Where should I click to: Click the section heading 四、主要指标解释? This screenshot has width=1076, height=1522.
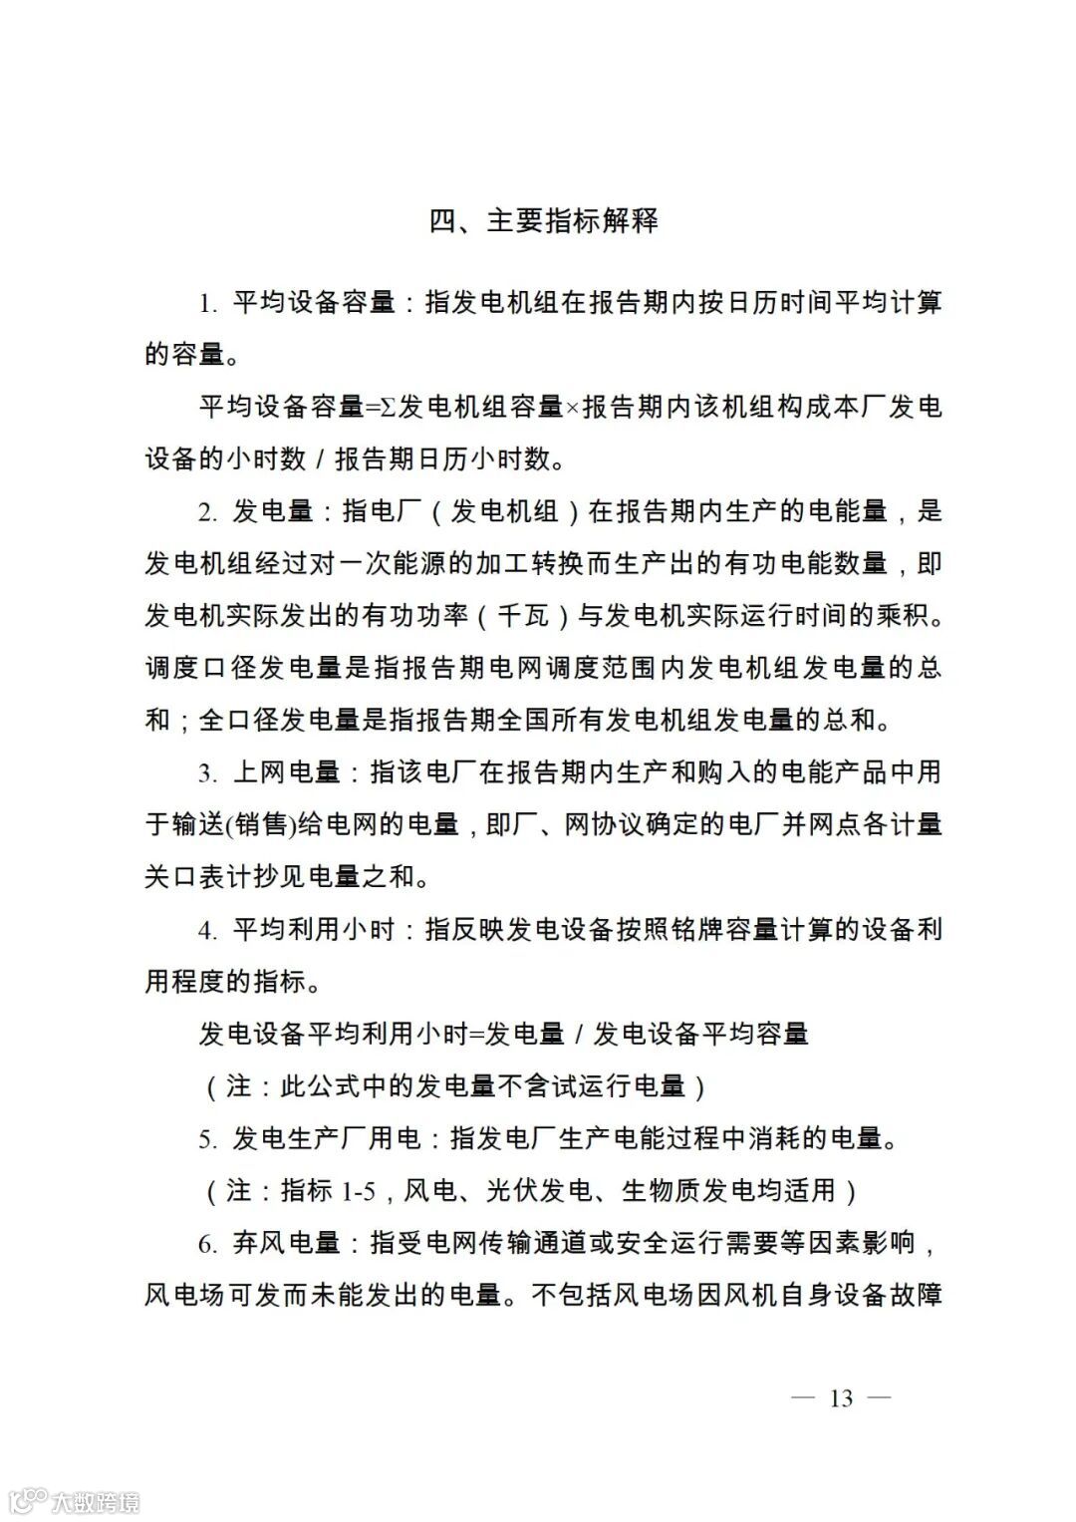click(x=543, y=220)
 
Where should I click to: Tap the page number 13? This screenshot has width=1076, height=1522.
click(x=841, y=1398)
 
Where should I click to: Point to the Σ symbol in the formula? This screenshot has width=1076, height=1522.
click(x=388, y=408)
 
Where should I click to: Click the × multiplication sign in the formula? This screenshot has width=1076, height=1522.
click(x=573, y=408)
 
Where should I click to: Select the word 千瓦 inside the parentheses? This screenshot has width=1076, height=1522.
click(x=523, y=615)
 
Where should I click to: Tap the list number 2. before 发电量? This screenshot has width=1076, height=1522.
click(x=207, y=512)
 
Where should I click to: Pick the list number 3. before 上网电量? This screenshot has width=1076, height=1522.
click(x=207, y=772)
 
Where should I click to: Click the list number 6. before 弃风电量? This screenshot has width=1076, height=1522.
click(x=207, y=1243)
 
